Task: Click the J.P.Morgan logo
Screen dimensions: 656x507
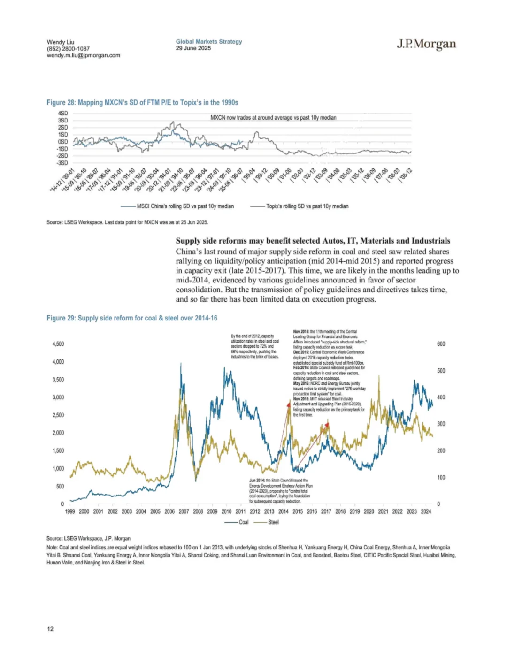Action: pyautogui.click(x=426, y=44)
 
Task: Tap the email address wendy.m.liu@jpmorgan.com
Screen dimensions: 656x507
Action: pyautogui.click(x=84, y=55)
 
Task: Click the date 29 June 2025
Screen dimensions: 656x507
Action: pyautogui.click(x=193, y=48)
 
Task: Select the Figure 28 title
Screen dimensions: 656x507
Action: pyautogui.click(x=142, y=103)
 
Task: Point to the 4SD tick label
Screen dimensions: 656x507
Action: pyautogui.click(x=63, y=114)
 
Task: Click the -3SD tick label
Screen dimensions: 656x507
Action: pyautogui.click(x=62, y=163)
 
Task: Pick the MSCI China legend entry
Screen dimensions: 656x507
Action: pyautogui.click(x=177, y=206)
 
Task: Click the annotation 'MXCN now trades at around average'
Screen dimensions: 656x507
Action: pyautogui.click(x=273, y=118)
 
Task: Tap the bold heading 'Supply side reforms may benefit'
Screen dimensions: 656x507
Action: pyautogui.click(x=313, y=241)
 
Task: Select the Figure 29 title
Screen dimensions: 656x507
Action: pyautogui.click(x=132, y=318)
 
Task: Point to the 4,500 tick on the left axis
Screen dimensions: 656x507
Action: pyautogui.click(x=58, y=344)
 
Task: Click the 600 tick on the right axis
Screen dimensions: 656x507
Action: pyautogui.click(x=441, y=344)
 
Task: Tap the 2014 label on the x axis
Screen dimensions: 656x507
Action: pyautogui.click(x=284, y=511)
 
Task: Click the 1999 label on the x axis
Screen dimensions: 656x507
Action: pyautogui.click(x=70, y=511)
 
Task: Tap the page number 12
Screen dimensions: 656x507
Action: pyautogui.click(x=50, y=629)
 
